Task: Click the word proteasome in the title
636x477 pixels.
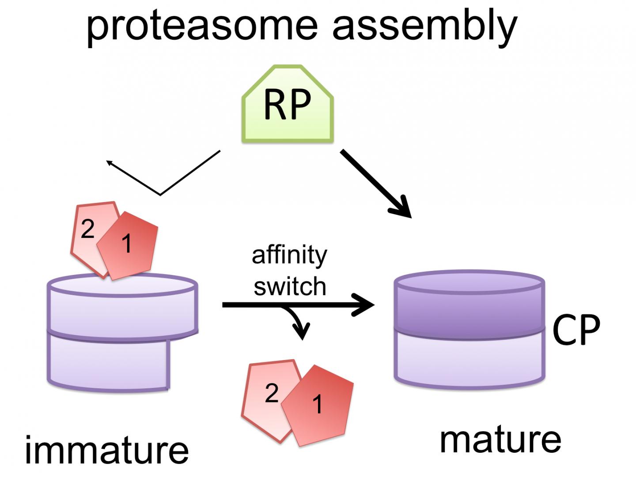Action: (x=201, y=26)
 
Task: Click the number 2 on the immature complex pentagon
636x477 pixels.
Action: (x=87, y=230)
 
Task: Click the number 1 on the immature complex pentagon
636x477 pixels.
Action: (x=127, y=243)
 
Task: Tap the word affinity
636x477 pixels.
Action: (x=289, y=255)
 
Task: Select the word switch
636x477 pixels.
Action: (x=290, y=287)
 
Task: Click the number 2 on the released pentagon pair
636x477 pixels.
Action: (x=272, y=393)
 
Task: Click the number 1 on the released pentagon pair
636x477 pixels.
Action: (x=318, y=404)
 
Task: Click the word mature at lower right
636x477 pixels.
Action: (x=500, y=439)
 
